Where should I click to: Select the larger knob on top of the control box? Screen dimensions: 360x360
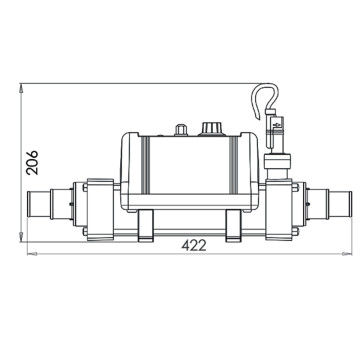(211, 128)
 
